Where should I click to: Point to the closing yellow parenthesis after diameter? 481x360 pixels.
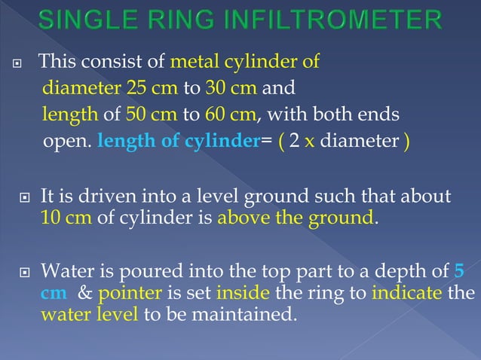406,142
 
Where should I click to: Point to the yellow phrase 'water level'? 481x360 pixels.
88,313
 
